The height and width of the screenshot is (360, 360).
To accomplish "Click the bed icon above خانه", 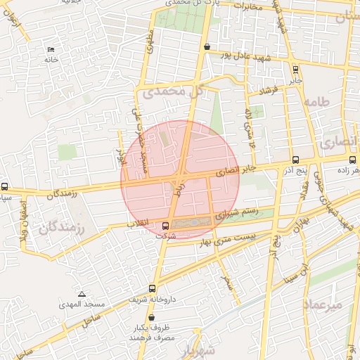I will click(x=50, y=49).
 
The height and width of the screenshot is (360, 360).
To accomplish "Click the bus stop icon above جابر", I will click(x=295, y=70).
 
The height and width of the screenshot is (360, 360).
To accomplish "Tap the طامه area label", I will click(x=316, y=102).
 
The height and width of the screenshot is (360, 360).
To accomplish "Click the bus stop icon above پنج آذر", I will click(x=295, y=160).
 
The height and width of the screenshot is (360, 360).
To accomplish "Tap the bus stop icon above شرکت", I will click(x=165, y=226).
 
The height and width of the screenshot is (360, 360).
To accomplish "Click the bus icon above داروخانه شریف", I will click(x=153, y=288).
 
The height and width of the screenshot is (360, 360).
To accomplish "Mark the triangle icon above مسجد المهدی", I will click(x=82, y=294).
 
